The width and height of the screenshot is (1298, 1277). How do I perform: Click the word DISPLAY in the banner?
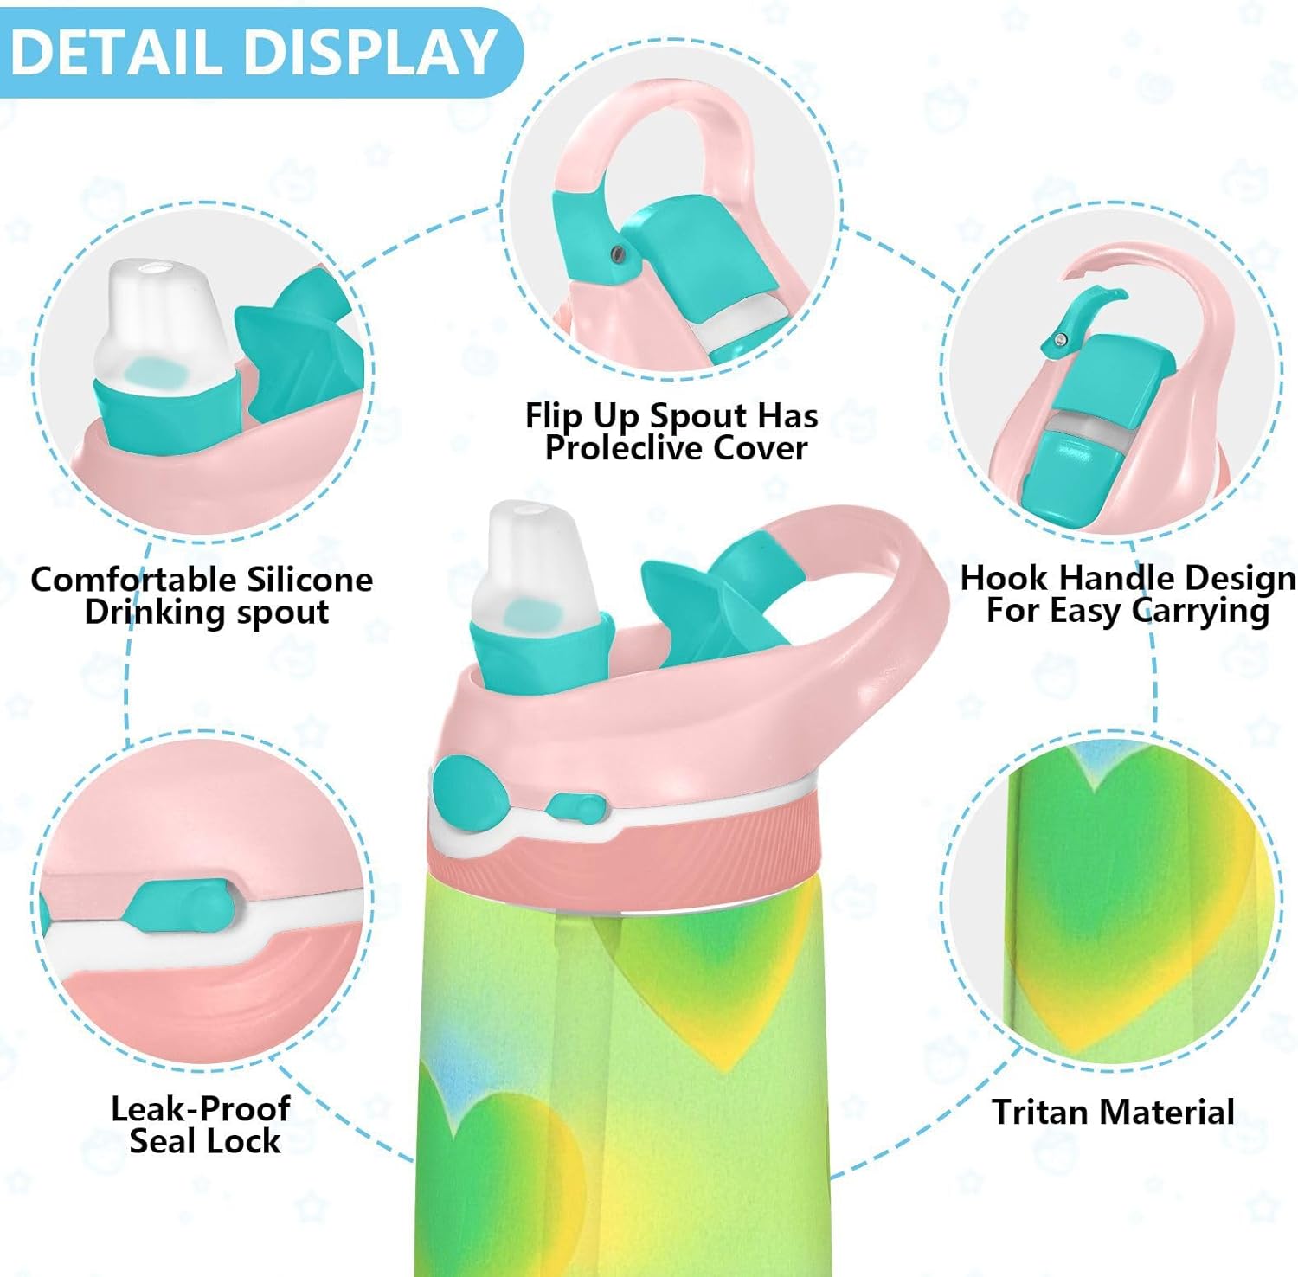click(x=371, y=52)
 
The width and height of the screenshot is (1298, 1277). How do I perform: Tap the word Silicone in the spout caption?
click(x=309, y=579)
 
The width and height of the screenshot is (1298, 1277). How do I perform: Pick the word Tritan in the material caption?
click(x=1044, y=1112)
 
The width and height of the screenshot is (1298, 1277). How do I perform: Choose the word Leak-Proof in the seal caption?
click(x=200, y=1109)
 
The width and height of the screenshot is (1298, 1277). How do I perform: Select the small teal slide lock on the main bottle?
click(x=575, y=809)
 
